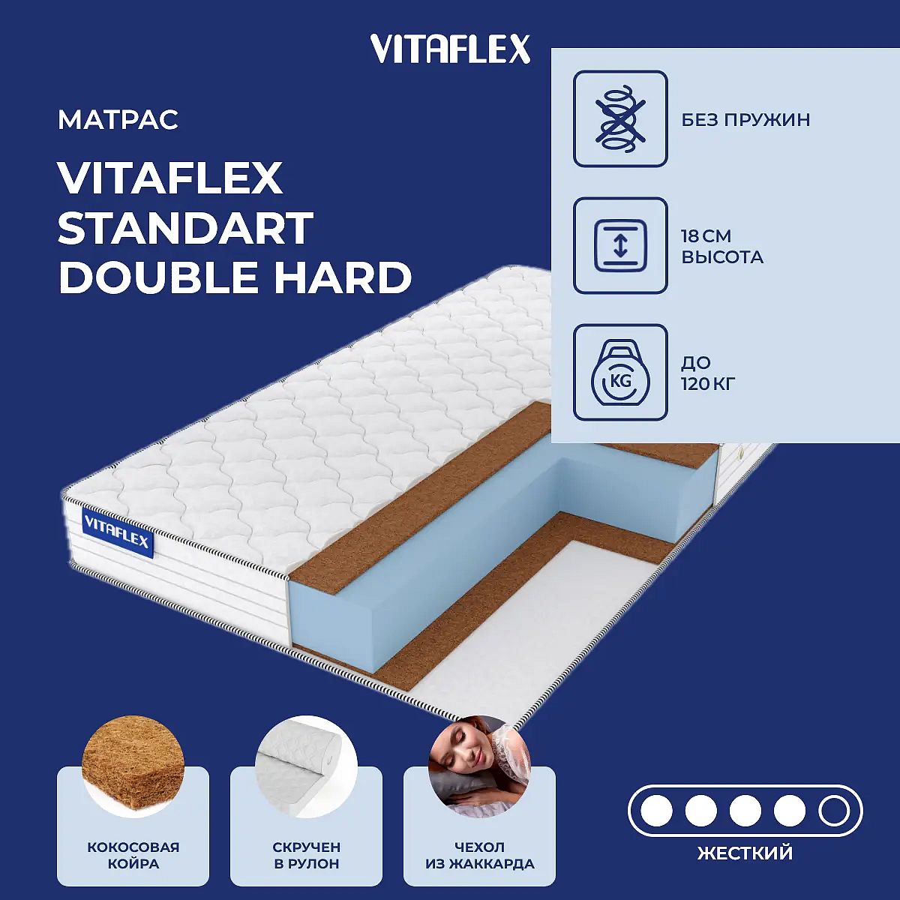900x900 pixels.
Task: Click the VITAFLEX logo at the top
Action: pyautogui.click(x=450, y=49)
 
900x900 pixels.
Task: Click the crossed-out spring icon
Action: pyautogui.click(x=620, y=118)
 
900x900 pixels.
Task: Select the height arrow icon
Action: pyautogui.click(x=620, y=245)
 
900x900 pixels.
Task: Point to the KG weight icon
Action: pyautogui.click(x=620, y=372)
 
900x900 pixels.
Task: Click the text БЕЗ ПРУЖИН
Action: pyautogui.click(x=745, y=120)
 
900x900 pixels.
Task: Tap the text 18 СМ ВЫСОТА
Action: pyautogui.click(x=722, y=247)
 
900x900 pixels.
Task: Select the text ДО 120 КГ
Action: pyautogui.click(x=709, y=373)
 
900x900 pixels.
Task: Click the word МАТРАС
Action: pyautogui.click(x=118, y=120)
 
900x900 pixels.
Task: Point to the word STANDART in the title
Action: pyautogui.click(x=185, y=228)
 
